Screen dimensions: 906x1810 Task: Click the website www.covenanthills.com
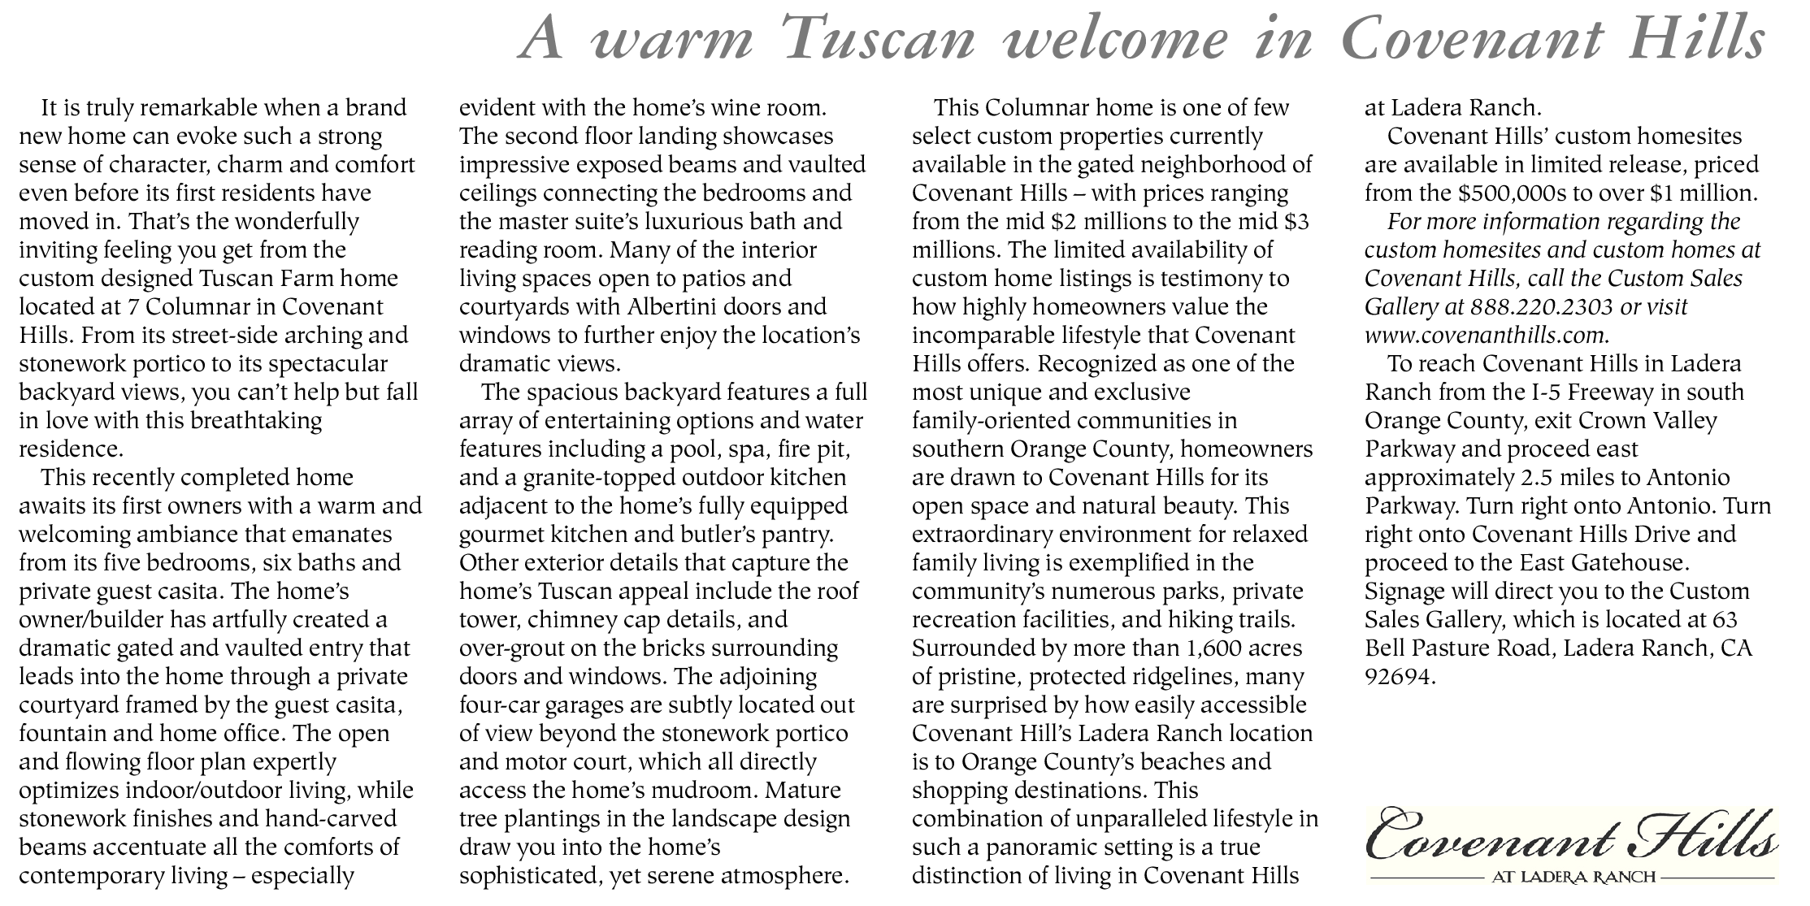tap(1487, 336)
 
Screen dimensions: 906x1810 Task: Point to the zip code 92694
tap(1400, 677)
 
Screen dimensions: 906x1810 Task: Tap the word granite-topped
tap(597, 478)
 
